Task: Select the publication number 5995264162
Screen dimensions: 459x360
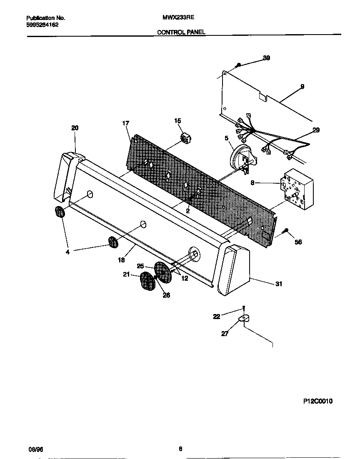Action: point(42,25)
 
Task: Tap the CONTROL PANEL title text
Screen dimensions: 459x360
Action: point(181,32)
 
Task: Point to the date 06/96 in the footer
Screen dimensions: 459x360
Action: point(35,449)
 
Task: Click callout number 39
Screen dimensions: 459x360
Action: point(266,58)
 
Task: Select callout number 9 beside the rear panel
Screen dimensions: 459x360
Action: point(302,87)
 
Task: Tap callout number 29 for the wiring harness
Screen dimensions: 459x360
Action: point(316,130)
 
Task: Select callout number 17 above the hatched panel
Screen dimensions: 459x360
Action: point(125,123)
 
